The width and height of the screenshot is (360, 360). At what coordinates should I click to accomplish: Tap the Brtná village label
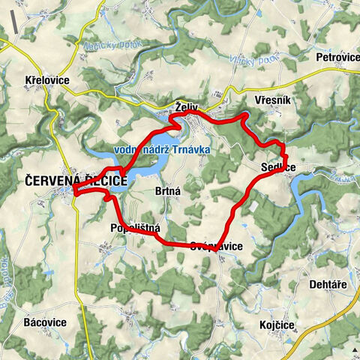coord(168,191)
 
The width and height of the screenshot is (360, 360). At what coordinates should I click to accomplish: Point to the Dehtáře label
coord(329,284)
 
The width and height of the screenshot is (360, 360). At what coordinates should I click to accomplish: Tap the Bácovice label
coord(44,322)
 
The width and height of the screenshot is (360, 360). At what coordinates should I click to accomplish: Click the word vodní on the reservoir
coord(128,150)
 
